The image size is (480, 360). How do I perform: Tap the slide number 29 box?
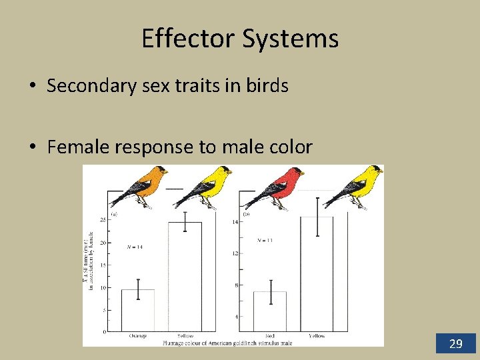pos(456,343)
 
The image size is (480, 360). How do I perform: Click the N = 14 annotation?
pos(135,247)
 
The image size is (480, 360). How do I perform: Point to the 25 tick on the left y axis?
pos(103,219)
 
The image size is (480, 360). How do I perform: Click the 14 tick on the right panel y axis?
pos(235,221)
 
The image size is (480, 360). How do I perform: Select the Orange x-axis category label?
pos(138,336)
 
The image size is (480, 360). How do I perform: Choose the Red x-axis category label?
pos(270,336)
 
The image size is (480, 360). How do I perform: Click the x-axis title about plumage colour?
pos(227,343)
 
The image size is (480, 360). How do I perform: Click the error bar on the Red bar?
pos(270,292)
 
